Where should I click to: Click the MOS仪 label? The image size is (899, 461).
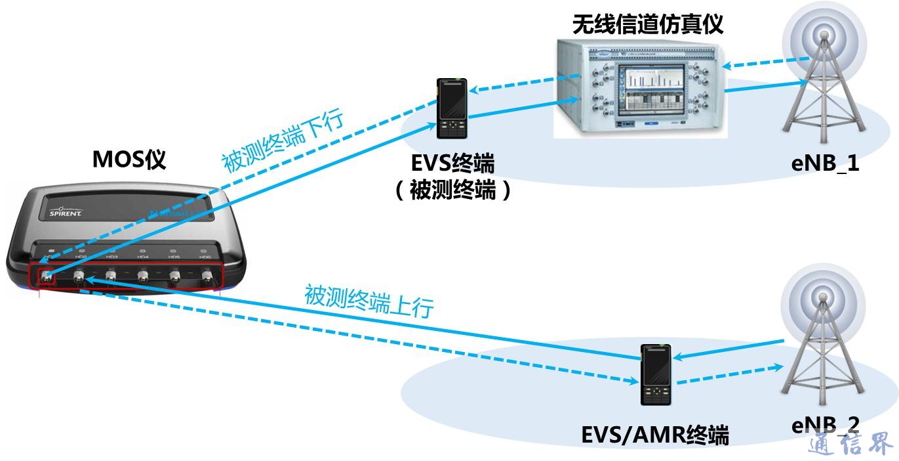point(129,160)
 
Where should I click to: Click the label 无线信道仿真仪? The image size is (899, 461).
point(647,24)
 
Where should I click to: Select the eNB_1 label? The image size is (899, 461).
point(825,164)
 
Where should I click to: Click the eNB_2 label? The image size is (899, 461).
point(825,425)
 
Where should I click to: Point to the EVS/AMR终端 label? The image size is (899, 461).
point(655,435)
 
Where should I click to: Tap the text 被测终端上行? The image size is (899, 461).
point(369,301)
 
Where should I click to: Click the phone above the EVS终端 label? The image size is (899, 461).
point(452,108)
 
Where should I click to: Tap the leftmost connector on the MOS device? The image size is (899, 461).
point(46,277)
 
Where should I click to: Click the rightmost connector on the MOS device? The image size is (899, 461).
point(207,276)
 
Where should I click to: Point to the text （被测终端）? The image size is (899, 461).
point(452,190)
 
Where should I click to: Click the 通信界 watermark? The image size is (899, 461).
point(850,445)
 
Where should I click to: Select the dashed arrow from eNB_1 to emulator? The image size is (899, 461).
point(764,64)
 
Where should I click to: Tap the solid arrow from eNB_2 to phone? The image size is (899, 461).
point(728,349)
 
